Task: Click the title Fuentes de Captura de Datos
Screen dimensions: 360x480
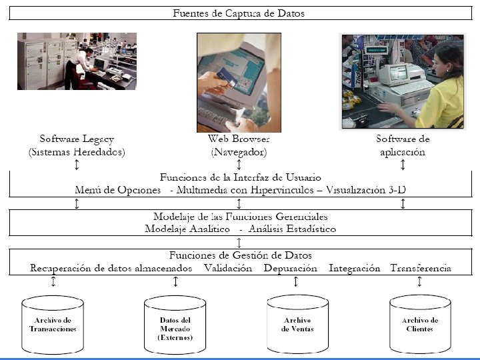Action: [239, 13]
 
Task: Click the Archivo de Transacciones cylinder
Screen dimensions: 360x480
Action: [53, 325]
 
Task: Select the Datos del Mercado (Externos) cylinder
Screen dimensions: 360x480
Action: [175, 325]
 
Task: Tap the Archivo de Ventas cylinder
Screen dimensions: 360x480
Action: [297, 325]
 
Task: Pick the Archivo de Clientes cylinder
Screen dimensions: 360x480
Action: [420, 325]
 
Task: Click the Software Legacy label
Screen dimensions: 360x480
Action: [77, 139]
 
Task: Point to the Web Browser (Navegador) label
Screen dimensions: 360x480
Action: [238, 145]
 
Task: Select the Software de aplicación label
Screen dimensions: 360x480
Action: [403, 145]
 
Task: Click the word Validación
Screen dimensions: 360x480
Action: [228, 268]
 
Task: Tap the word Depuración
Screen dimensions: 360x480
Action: [290, 268]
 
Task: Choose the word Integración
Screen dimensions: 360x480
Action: [354, 268]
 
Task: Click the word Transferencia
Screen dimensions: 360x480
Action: [421, 268]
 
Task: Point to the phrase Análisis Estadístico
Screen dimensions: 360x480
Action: [292, 229]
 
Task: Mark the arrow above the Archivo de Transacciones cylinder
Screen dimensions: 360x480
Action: [53, 282]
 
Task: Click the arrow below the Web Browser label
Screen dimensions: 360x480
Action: [238, 164]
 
